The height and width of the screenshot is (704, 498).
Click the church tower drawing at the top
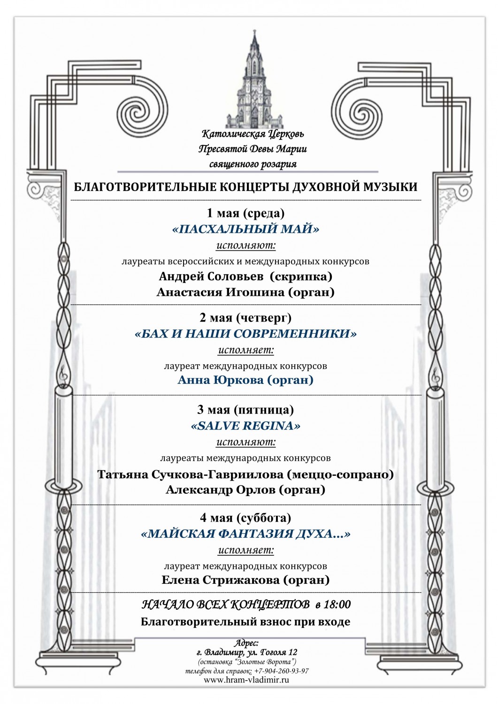coord(248,80)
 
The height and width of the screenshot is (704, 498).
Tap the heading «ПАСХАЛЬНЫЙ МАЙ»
coord(245,229)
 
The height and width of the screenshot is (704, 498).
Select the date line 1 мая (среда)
coord(245,213)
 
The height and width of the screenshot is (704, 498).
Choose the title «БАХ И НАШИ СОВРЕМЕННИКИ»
coord(245,334)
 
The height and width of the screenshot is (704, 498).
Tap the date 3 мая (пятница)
coord(245,410)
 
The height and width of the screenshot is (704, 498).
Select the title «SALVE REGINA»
coord(245,426)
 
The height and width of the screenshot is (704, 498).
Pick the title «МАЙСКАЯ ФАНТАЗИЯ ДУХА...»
coord(245,534)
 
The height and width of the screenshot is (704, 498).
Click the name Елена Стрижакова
coord(221,580)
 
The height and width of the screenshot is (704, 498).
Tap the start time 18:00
coord(337,605)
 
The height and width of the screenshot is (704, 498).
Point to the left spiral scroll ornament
coord(137,112)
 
